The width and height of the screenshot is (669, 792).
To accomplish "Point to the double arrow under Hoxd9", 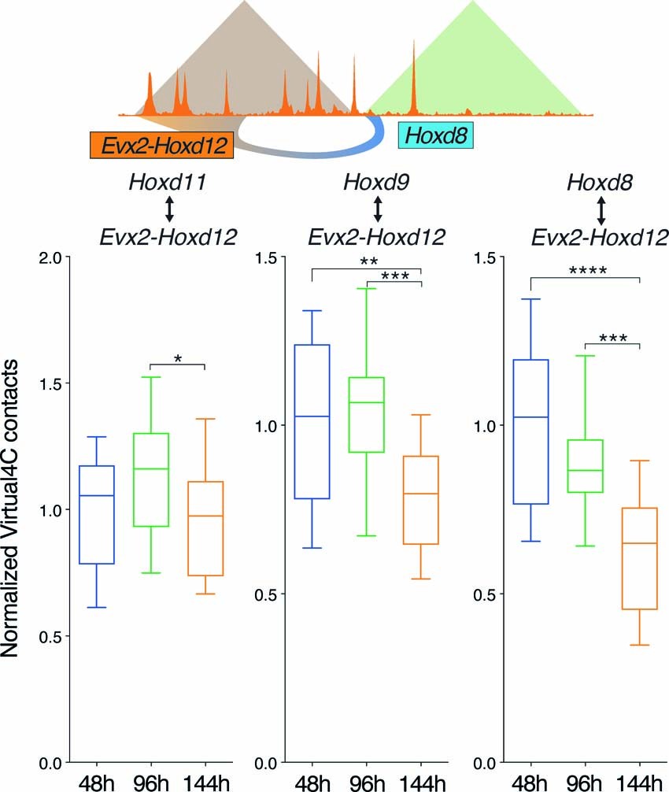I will [377, 209].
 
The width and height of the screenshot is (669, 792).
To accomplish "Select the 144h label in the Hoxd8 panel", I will [639, 779].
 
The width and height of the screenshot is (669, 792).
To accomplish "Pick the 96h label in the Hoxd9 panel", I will [367, 779].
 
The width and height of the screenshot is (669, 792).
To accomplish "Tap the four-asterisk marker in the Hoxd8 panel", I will [585, 271].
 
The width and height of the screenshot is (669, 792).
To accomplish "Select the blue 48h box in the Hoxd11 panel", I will [97, 515].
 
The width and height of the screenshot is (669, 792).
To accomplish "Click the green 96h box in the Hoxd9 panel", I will [367, 415].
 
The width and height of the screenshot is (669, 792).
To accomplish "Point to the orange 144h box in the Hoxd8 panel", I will [639, 558].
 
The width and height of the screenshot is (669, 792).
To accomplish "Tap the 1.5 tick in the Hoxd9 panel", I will [266, 257].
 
